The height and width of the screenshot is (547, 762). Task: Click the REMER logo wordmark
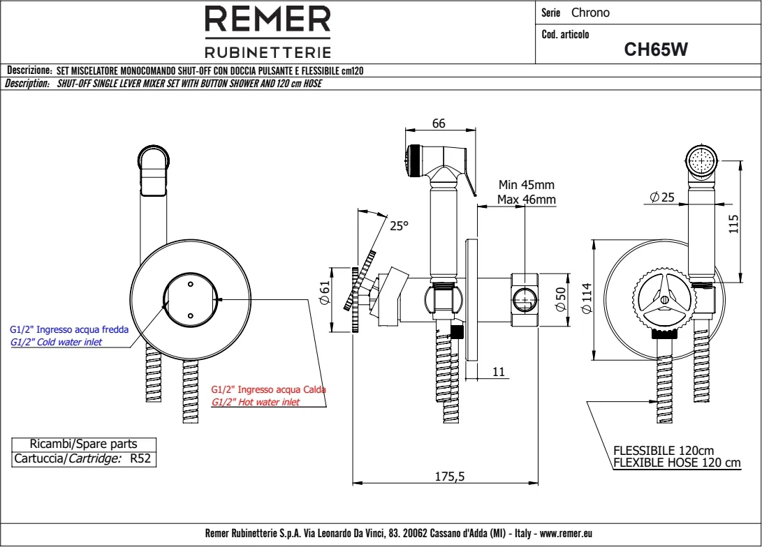[268, 20]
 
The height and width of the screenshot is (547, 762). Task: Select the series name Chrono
[590, 13]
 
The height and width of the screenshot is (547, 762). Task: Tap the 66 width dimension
[439, 123]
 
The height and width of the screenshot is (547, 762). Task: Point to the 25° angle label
[398, 226]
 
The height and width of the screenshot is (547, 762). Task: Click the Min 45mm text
[526, 185]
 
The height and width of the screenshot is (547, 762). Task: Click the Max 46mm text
[526, 200]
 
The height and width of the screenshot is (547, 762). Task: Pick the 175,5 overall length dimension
[449, 477]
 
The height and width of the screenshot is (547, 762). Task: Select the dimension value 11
[498, 373]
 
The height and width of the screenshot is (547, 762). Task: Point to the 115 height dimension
[733, 224]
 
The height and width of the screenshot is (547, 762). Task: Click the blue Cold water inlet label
[57, 342]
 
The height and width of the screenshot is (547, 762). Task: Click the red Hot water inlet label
[256, 403]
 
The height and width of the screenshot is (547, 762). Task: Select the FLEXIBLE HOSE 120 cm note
[676, 463]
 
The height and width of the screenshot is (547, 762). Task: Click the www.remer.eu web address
[566, 533]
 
